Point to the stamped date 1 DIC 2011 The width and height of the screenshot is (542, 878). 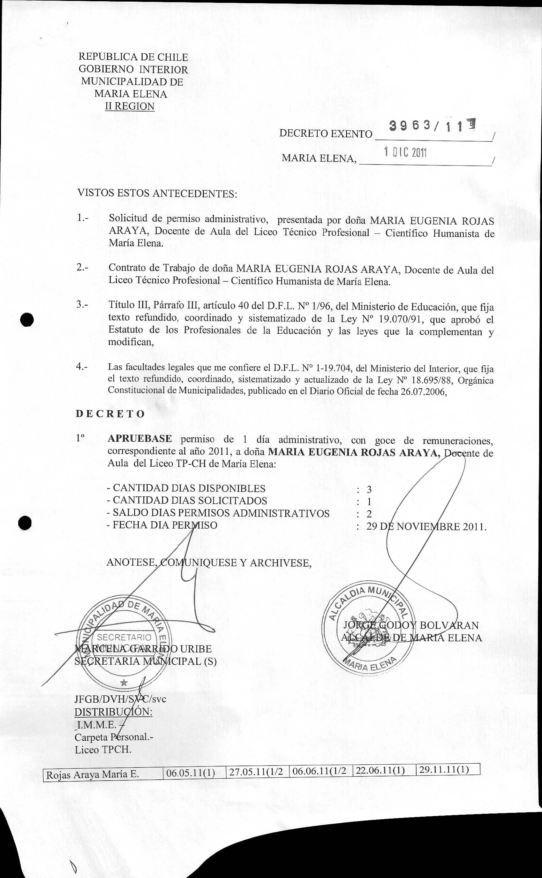pos(405,152)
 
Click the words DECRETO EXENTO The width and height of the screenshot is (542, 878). pos(326,134)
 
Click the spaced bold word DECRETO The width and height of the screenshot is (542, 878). pos(110,414)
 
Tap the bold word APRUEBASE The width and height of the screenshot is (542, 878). pos(139,439)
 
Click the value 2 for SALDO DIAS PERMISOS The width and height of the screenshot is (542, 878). pos(369,514)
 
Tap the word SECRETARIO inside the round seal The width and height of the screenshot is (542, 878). pos(124,637)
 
